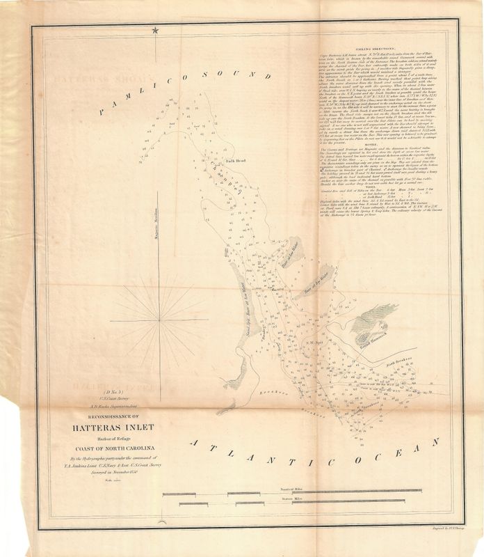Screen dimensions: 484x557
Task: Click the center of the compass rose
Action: pos(161,319)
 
